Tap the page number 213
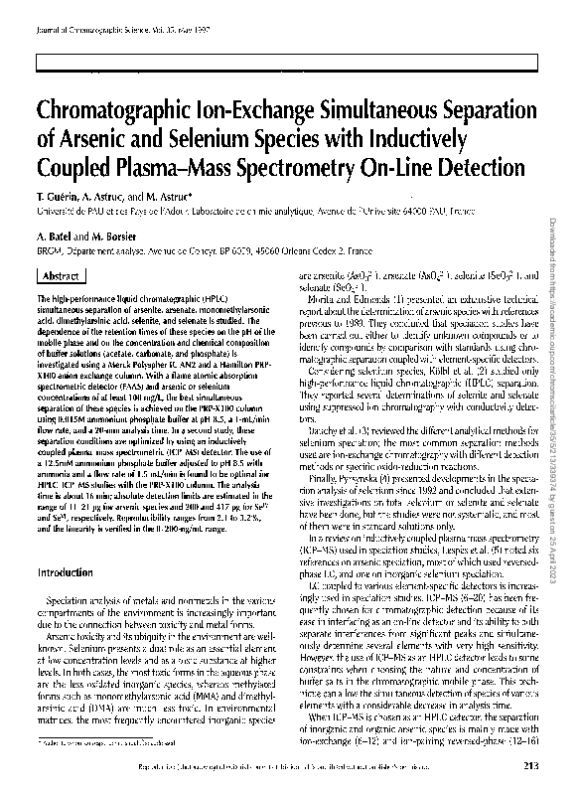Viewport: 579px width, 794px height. [x=529, y=764]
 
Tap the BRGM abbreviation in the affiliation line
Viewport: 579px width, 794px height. [x=48, y=254]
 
